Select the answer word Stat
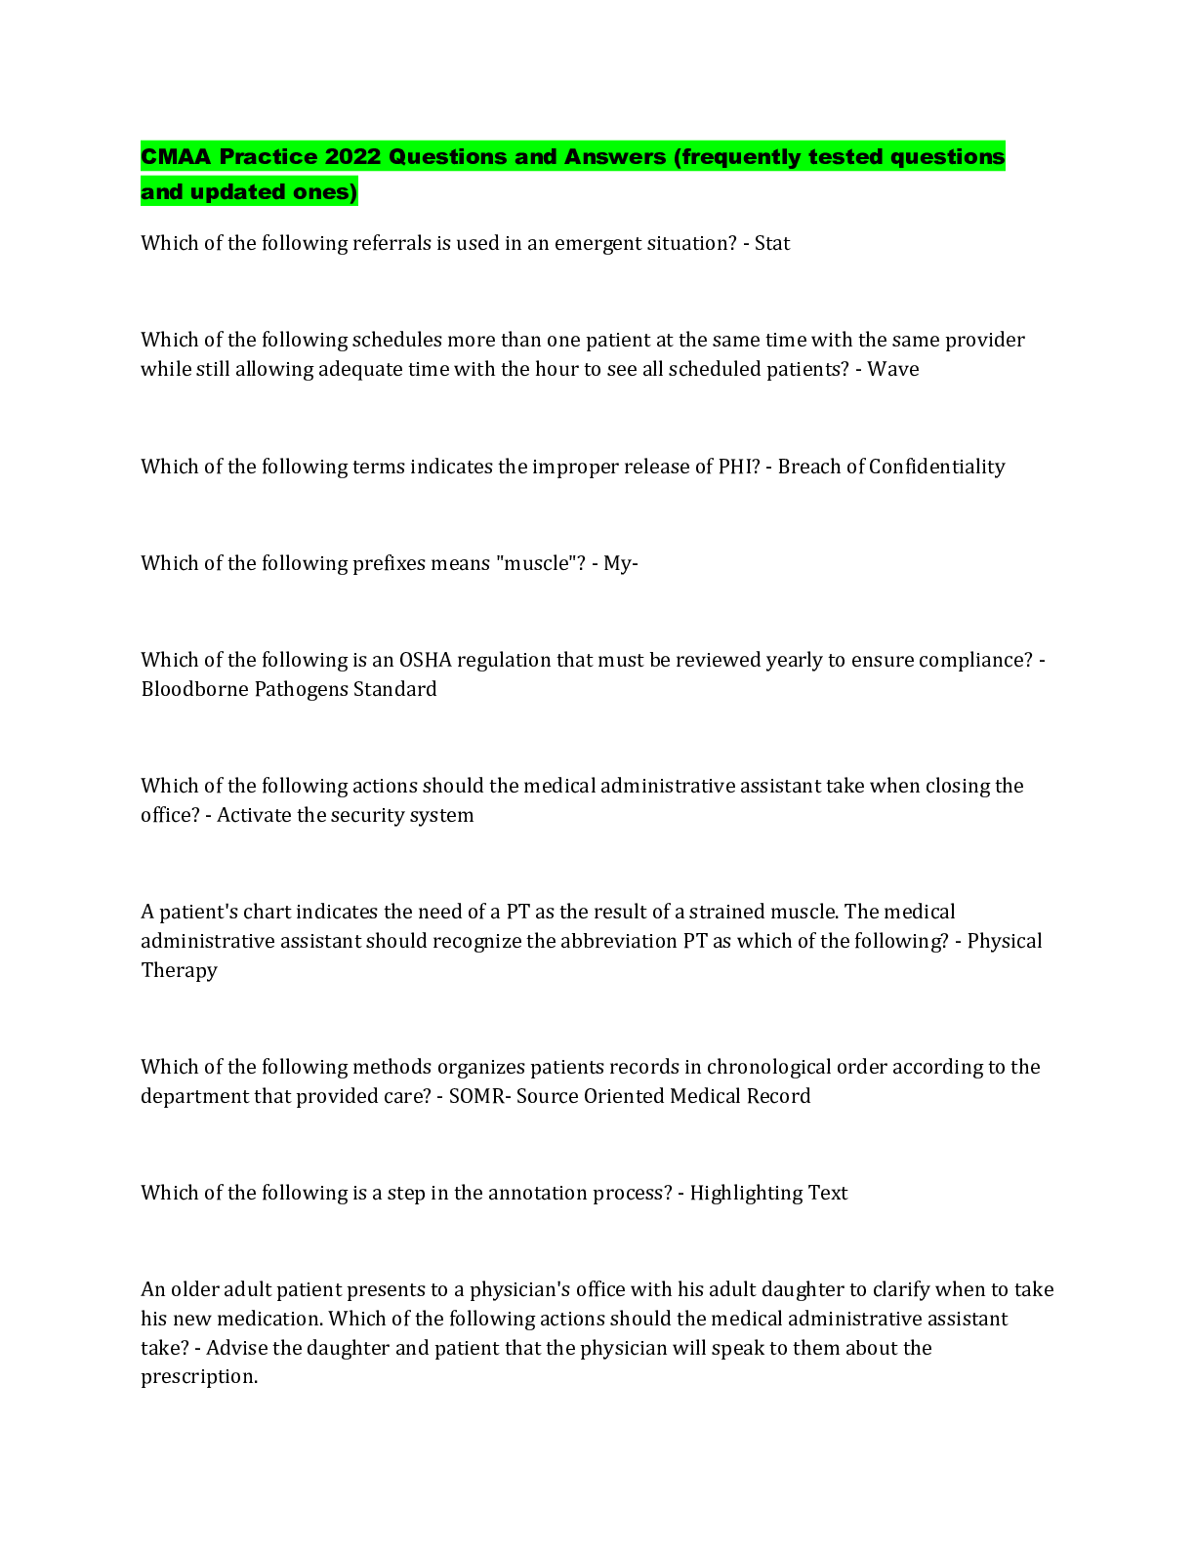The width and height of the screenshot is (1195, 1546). point(771,243)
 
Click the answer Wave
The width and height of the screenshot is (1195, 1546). point(892,369)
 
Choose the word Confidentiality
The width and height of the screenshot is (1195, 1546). point(936,467)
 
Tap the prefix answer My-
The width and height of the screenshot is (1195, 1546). point(621,564)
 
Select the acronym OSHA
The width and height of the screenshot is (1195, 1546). point(425,660)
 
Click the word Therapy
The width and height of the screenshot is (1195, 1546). point(179,971)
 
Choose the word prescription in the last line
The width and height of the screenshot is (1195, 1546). point(199,1377)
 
